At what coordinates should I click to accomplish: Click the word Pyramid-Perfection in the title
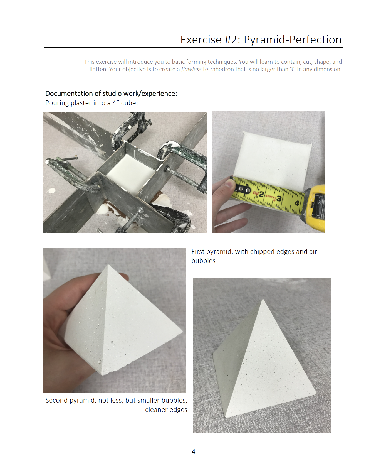click(293, 40)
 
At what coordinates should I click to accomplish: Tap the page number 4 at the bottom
click(193, 452)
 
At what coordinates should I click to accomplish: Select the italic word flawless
click(191, 69)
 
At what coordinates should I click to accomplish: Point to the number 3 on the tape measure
click(279, 198)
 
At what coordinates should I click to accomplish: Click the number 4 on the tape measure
click(297, 203)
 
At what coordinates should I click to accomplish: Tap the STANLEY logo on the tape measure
click(270, 197)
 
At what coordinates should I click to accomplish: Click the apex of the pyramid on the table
click(263, 300)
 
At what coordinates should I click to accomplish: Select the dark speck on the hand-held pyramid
click(112, 342)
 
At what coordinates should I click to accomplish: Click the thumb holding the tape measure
click(225, 186)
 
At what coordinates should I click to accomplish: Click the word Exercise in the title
click(201, 40)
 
